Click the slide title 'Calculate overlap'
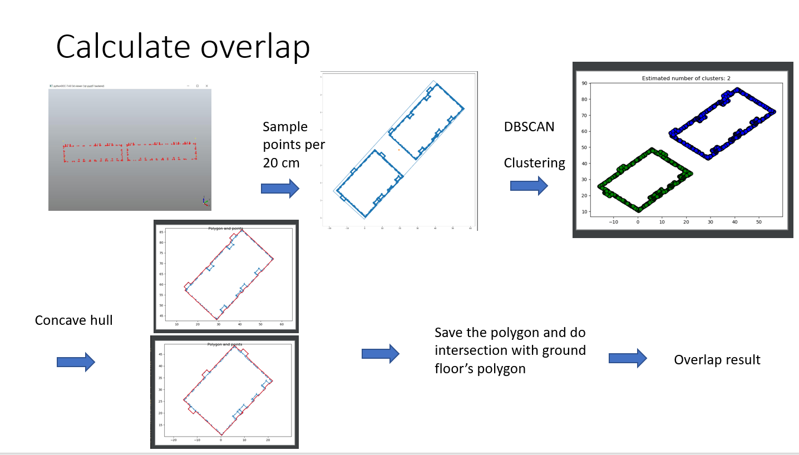click(x=183, y=47)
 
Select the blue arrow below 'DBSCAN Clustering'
click(x=529, y=185)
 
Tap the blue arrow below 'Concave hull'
click(x=76, y=362)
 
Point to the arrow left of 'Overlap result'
click(x=628, y=358)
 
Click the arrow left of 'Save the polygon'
click(x=381, y=354)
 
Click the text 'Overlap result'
click(x=717, y=360)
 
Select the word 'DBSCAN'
click(x=529, y=127)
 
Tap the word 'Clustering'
click(x=534, y=163)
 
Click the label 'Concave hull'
click(x=73, y=320)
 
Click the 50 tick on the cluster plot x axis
click(x=759, y=221)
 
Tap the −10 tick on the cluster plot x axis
click(x=613, y=221)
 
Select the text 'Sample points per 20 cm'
click(x=293, y=145)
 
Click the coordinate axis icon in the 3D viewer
click(x=205, y=201)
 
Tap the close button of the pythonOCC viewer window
click(x=206, y=86)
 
